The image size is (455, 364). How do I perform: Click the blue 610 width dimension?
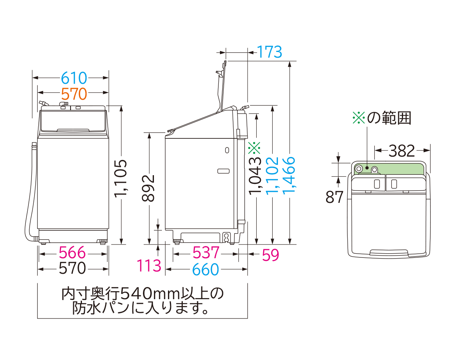[x=74, y=78]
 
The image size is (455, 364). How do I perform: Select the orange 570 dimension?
[x=74, y=93]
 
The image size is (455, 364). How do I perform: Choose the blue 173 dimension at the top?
[x=270, y=52]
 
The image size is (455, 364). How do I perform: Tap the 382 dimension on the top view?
[x=402, y=151]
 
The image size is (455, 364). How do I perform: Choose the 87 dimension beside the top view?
[x=334, y=197]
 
